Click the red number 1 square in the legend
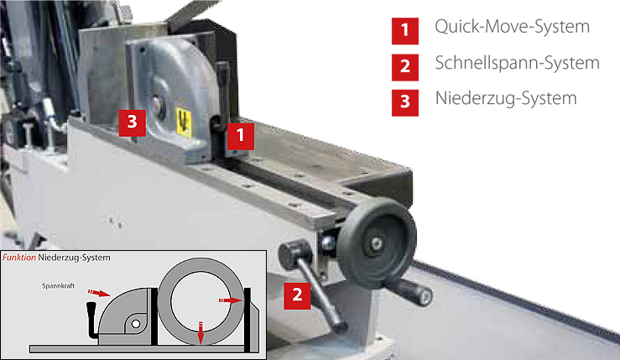(x=405, y=31)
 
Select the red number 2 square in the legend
(x=405, y=67)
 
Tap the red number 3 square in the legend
(x=405, y=103)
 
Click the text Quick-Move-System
(x=512, y=27)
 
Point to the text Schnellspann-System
(x=517, y=63)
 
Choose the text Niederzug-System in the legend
(x=506, y=98)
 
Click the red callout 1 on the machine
(x=241, y=136)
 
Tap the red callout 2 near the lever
(x=297, y=295)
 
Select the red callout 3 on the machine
(x=133, y=123)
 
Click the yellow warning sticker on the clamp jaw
(x=184, y=122)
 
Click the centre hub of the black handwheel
(x=376, y=243)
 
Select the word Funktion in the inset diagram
(x=19, y=258)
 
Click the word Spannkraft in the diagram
(x=59, y=285)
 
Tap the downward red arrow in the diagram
(x=201, y=332)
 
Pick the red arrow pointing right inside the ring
(x=231, y=300)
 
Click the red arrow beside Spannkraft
(x=99, y=293)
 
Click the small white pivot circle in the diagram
(x=136, y=324)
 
